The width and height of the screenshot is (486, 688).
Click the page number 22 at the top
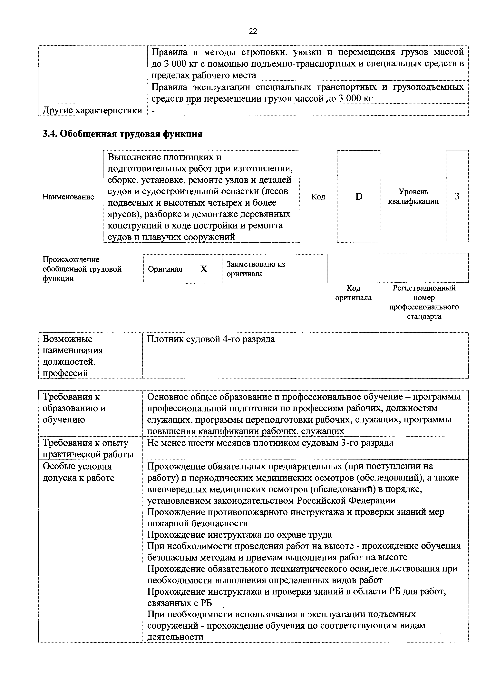253,31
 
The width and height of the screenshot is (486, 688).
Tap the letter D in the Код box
359,197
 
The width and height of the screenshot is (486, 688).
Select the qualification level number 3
457,197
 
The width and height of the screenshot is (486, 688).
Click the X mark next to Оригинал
204,269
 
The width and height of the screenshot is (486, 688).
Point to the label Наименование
68,197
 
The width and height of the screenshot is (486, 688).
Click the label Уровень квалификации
413,197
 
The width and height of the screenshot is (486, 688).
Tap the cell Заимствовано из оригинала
256,269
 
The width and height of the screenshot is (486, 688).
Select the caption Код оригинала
353,293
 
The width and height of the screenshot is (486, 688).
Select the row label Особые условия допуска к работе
78,472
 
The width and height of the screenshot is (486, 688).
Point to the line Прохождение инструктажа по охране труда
239,535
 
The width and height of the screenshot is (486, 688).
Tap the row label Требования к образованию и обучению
74,408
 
